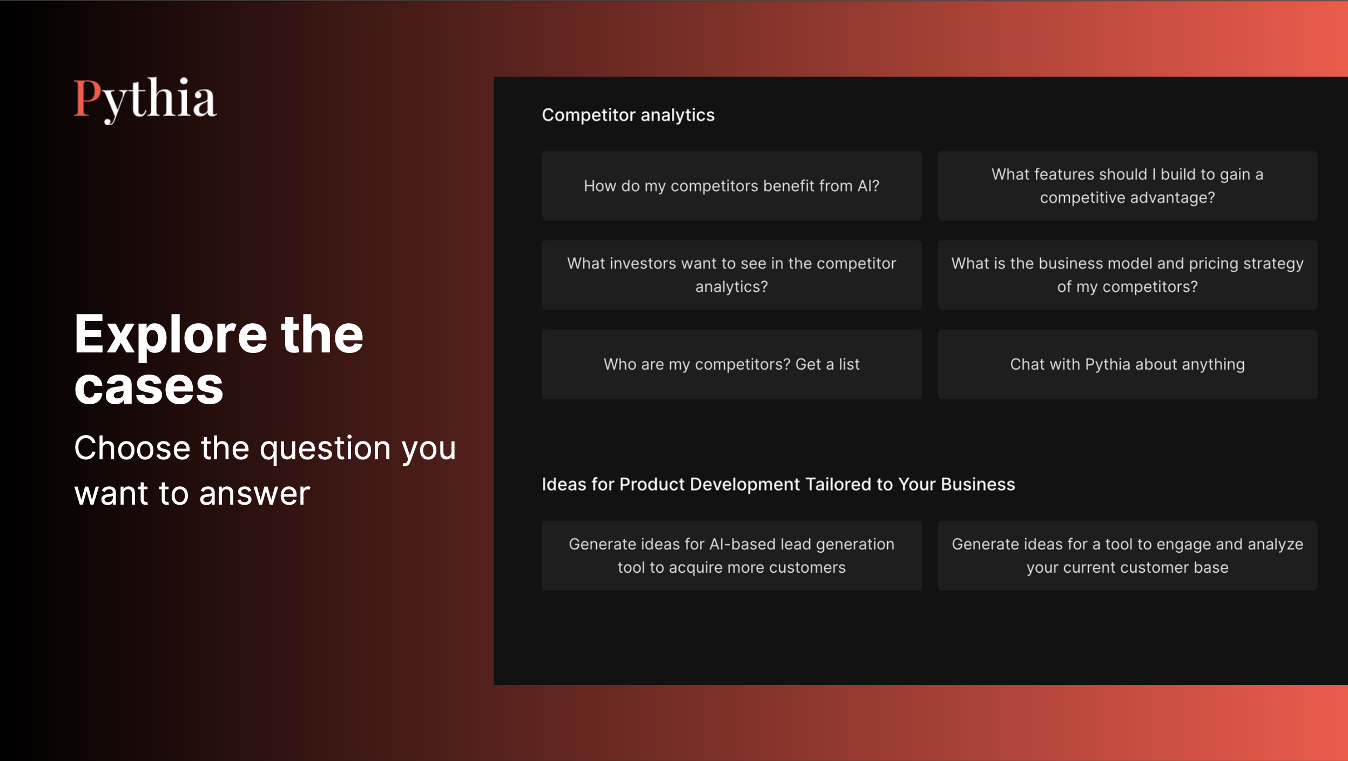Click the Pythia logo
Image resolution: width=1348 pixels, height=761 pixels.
pos(145,100)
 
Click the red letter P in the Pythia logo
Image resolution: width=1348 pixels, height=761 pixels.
pos(87,98)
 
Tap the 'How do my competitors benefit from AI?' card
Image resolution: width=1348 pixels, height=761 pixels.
pos(731,186)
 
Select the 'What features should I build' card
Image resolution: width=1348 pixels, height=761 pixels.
pos(1127,186)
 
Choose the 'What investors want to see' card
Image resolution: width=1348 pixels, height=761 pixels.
pos(731,275)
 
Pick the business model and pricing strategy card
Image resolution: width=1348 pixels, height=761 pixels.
pos(1127,275)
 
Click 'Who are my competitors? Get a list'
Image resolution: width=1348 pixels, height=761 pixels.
pos(731,364)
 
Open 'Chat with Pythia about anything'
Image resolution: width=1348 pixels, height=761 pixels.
pos(1127,364)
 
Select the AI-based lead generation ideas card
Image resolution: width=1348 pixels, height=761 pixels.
pos(731,555)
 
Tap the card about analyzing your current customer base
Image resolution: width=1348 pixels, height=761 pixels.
pos(1127,555)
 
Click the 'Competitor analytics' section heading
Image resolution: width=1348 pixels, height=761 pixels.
pos(628,115)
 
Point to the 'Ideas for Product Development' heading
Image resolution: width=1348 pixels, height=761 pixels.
pos(778,484)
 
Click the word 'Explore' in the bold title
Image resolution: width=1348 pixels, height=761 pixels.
pos(171,336)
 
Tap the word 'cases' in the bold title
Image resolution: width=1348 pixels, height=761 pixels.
pos(149,387)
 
